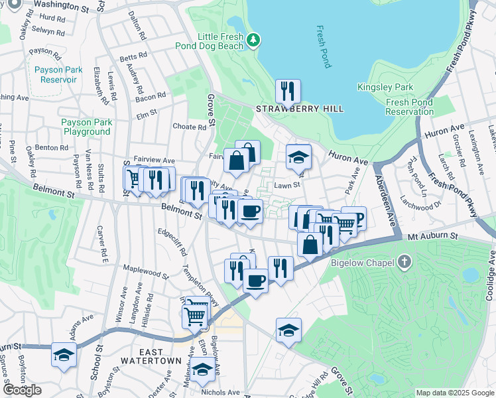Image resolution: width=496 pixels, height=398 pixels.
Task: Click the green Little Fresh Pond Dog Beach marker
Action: point(253,41)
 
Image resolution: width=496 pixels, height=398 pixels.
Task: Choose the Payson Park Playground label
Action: point(87,127)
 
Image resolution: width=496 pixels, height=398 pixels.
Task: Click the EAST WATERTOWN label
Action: point(151,360)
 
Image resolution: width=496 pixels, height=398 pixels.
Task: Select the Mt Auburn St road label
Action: point(432,235)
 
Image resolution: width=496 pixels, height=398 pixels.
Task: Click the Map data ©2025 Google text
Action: point(455,393)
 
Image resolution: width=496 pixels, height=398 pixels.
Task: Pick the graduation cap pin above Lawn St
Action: point(298,157)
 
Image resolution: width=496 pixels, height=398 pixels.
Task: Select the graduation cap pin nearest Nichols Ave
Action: point(202,369)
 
